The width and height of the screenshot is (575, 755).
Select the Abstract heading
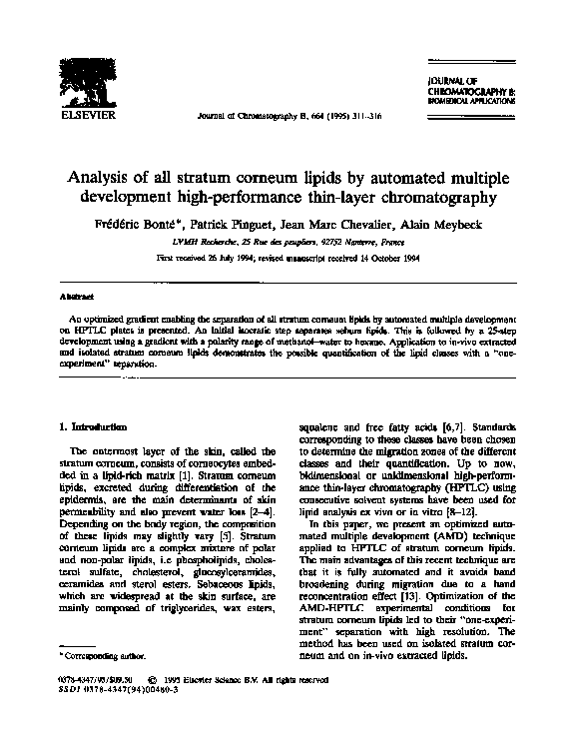pos(76,297)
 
